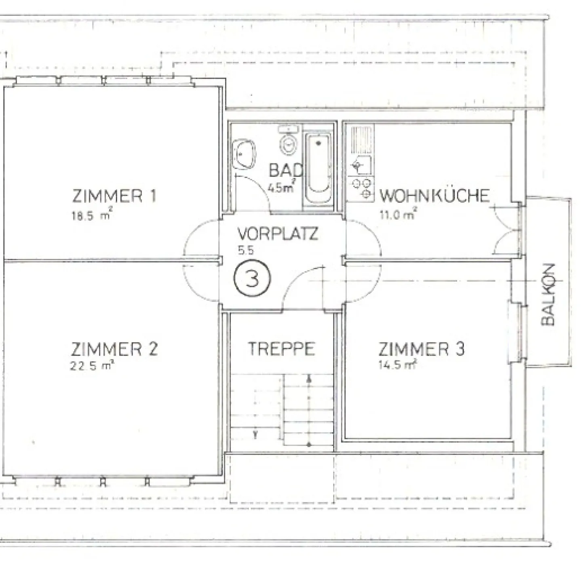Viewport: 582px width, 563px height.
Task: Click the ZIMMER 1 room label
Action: click(x=114, y=196)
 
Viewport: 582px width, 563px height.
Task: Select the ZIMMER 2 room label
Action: click(x=114, y=349)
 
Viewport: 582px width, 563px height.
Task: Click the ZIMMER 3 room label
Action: click(x=421, y=349)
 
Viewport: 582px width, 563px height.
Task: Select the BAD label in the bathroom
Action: click(x=285, y=170)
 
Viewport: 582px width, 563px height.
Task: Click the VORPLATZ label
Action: click(x=278, y=234)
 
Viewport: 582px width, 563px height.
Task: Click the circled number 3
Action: click(x=252, y=278)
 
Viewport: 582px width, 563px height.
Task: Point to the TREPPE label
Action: click(x=281, y=349)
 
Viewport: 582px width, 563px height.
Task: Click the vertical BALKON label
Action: click(x=548, y=295)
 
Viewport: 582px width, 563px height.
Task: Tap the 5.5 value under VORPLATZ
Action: click(x=246, y=251)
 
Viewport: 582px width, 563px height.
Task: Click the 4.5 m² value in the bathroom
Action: click(x=280, y=188)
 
